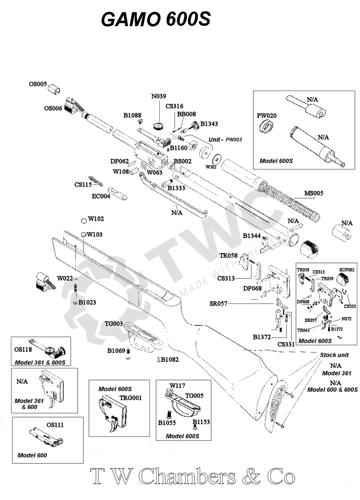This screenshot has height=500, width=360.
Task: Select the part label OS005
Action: [x=38, y=84]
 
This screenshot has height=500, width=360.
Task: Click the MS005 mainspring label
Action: [x=314, y=193]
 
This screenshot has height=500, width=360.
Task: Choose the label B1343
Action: [x=209, y=124]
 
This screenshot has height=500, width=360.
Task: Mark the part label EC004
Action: [x=101, y=196]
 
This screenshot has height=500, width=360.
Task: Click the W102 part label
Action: [x=96, y=219]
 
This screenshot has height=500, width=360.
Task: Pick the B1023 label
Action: [x=87, y=302]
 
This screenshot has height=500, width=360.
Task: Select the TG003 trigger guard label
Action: [x=114, y=324]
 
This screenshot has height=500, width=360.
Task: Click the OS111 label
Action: [x=55, y=425]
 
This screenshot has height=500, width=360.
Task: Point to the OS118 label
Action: [x=23, y=349]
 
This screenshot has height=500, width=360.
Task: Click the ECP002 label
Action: [x=347, y=270]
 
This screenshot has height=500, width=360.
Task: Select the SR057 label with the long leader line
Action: [x=218, y=304]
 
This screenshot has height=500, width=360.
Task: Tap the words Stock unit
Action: [x=334, y=355]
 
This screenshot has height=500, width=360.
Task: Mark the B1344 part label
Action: [x=252, y=236]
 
